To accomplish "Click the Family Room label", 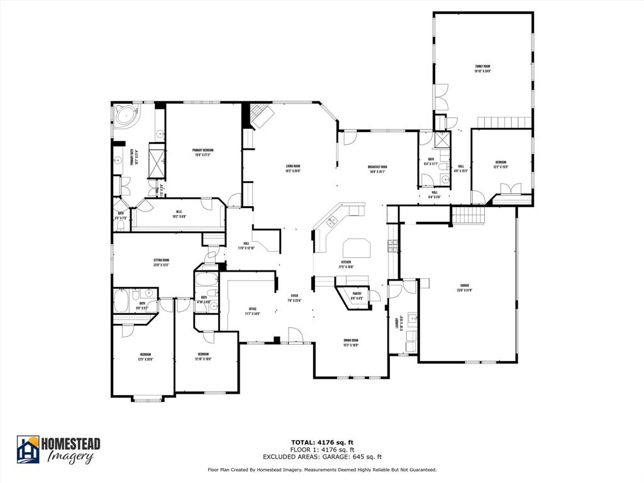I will pos(482,69).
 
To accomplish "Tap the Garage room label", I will pos(465,288).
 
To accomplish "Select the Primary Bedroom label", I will pos(203,152).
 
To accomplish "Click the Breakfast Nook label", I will pos(377,169).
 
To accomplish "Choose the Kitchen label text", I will pos(346,264).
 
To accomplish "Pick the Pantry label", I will pos(357,296).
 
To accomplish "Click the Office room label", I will pos(252,311).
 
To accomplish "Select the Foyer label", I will pos(294,297).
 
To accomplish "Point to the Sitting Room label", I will pos(161,262).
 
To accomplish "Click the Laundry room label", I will pos(397,323).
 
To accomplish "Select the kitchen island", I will pos(357,247).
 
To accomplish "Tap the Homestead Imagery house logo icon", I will pos(28,449).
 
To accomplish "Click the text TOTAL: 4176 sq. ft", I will pos(322,443).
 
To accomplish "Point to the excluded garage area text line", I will pos(322,457).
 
